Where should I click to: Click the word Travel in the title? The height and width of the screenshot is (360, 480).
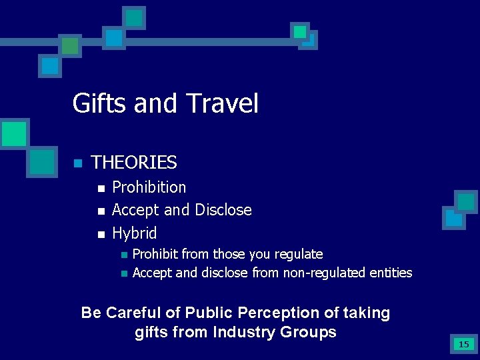pyautogui.click(x=221, y=104)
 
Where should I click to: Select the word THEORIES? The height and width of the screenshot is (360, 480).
pyautogui.click(x=134, y=162)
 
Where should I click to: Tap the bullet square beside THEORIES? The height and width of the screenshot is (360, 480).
pyautogui.click(x=77, y=163)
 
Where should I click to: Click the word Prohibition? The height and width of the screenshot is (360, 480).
pyautogui.click(x=149, y=187)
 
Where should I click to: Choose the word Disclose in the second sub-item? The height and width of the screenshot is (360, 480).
pyautogui.click(x=223, y=210)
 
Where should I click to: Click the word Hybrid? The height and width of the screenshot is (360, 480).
pyautogui.click(x=134, y=233)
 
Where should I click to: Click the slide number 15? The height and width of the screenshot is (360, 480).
pyautogui.click(x=463, y=345)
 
